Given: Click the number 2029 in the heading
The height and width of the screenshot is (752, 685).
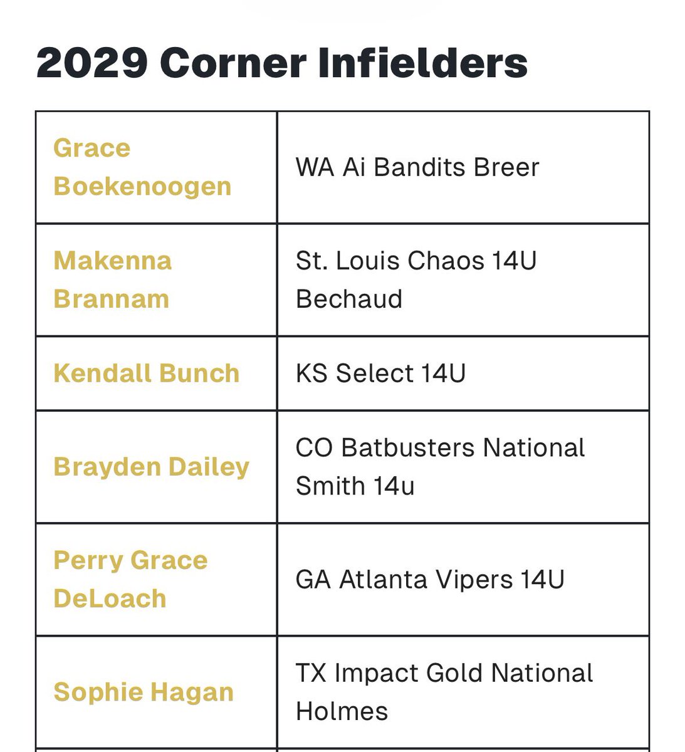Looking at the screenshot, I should pyautogui.click(x=92, y=63).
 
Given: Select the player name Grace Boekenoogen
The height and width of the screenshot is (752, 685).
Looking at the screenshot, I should pyautogui.click(x=142, y=167).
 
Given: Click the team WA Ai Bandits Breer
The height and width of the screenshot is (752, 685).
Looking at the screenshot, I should pyautogui.click(x=417, y=167).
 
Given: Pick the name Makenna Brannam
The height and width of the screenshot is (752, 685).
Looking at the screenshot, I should pyautogui.click(x=112, y=279).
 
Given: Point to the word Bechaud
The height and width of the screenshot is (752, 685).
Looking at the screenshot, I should pyautogui.click(x=349, y=299).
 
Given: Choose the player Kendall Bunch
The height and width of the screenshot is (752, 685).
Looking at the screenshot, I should pyautogui.click(x=147, y=373).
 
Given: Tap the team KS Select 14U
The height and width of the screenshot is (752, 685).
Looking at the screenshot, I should pyautogui.click(x=380, y=373).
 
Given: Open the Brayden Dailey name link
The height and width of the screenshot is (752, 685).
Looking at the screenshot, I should pyautogui.click(x=152, y=467).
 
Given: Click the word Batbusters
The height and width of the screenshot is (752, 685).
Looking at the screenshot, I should pyautogui.click(x=409, y=448).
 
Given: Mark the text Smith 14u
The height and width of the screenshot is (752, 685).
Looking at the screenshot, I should pyautogui.click(x=355, y=486).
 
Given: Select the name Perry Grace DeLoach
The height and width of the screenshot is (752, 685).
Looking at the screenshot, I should pyautogui.click(x=130, y=579).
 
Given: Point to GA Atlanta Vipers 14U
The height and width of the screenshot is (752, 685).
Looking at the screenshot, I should pyautogui.click(x=430, y=579).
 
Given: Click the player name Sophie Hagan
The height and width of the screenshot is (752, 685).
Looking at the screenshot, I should pyautogui.click(x=144, y=692).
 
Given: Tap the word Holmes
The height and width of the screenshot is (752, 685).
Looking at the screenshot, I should pyautogui.click(x=342, y=711).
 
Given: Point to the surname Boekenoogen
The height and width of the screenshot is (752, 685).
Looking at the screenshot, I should pyautogui.click(x=142, y=187).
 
